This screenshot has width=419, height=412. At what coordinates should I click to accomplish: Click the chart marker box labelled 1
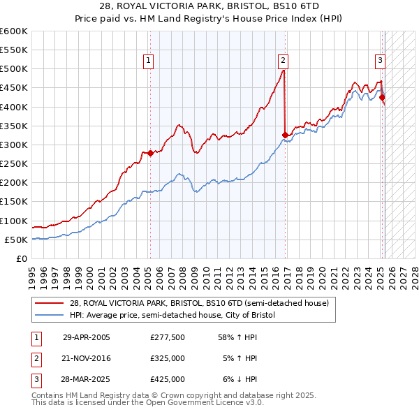click(x=149, y=61)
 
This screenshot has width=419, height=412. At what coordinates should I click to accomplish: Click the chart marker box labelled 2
click(x=284, y=61)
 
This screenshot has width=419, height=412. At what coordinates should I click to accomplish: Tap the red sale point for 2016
click(x=285, y=135)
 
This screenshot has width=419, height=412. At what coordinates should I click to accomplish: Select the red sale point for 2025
click(x=382, y=98)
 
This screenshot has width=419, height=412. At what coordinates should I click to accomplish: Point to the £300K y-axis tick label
click(x=14, y=145)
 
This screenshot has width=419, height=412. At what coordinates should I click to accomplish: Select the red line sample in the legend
click(x=50, y=303)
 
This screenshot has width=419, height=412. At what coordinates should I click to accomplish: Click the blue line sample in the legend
click(x=50, y=315)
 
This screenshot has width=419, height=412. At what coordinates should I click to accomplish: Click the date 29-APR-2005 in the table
click(x=87, y=337)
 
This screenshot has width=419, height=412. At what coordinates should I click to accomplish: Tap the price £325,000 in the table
click(x=168, y=358)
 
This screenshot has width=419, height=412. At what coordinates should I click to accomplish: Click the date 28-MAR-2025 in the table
click(x=87, y=379)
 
